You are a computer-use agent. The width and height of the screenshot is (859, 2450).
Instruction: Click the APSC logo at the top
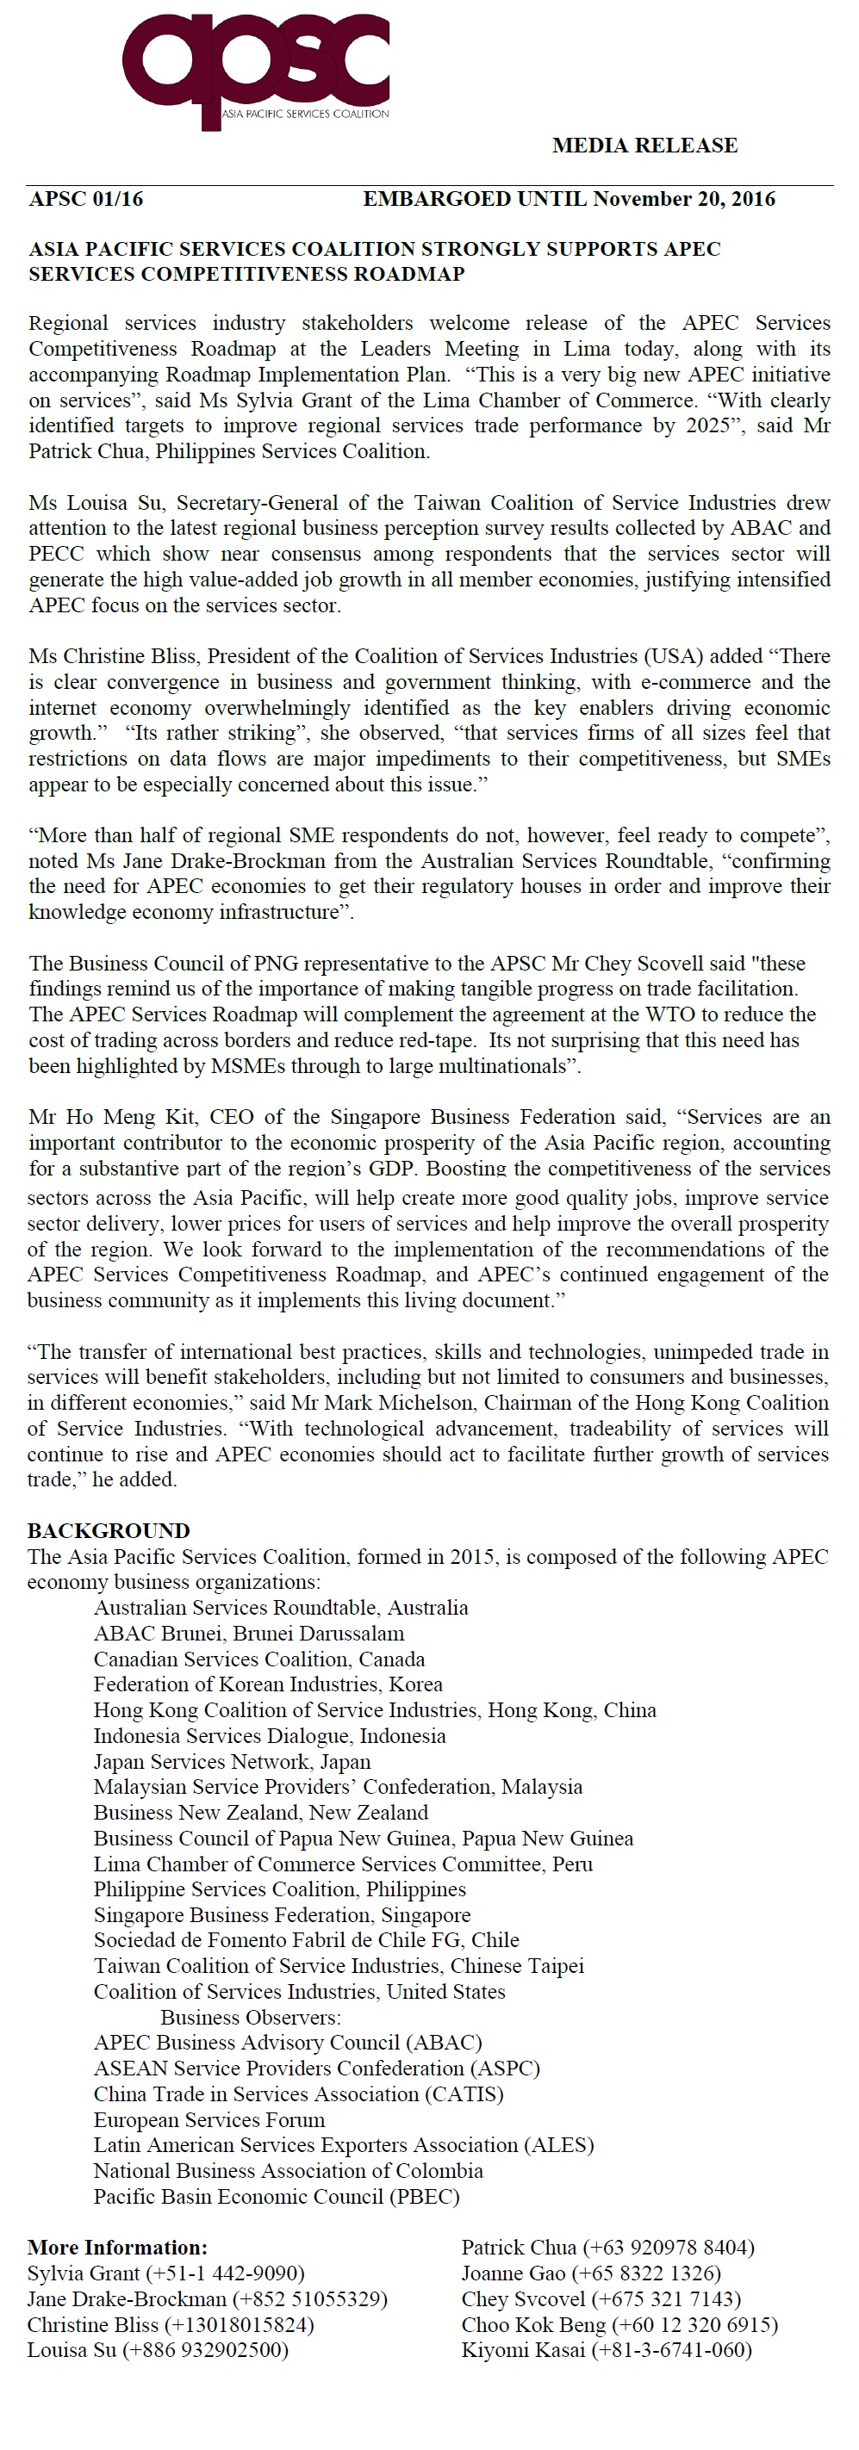[256, 66]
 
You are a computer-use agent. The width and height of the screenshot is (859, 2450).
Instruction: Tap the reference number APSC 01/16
[85, 199]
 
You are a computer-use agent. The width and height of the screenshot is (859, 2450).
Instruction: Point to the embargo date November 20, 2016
[684, 199]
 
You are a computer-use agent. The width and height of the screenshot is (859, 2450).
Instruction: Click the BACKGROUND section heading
[109, 1530]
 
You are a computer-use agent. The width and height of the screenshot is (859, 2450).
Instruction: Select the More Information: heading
[117, 2248]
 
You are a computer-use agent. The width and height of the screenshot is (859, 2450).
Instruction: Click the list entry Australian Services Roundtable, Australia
[281, 1607]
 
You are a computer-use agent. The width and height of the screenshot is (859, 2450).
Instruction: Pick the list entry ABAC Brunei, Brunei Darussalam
[248, 1633]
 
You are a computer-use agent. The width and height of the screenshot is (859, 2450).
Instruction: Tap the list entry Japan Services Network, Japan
[232, 1761]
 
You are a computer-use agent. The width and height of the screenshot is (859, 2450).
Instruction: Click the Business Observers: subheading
[250, 2017]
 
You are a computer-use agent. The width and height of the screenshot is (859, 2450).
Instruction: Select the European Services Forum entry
[209, 2120]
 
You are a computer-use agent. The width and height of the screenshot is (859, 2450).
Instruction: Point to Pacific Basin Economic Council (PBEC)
[276, 2197]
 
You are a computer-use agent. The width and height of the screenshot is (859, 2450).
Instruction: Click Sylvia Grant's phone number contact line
[165, 2273]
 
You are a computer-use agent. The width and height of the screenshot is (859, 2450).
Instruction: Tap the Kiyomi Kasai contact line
[606, 2350]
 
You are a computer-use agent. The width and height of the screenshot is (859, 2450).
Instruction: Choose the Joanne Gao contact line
[591, 2273]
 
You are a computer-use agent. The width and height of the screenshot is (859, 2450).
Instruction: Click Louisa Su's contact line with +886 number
[157, 2350]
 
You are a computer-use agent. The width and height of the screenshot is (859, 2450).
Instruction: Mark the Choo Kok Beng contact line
[619, 2324]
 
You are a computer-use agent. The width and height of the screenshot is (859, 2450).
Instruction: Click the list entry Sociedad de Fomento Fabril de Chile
[307, 1940]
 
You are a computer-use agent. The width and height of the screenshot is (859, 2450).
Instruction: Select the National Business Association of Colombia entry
[289, 2171]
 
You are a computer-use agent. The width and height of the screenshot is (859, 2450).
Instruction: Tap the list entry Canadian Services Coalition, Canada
[258, 1659]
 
